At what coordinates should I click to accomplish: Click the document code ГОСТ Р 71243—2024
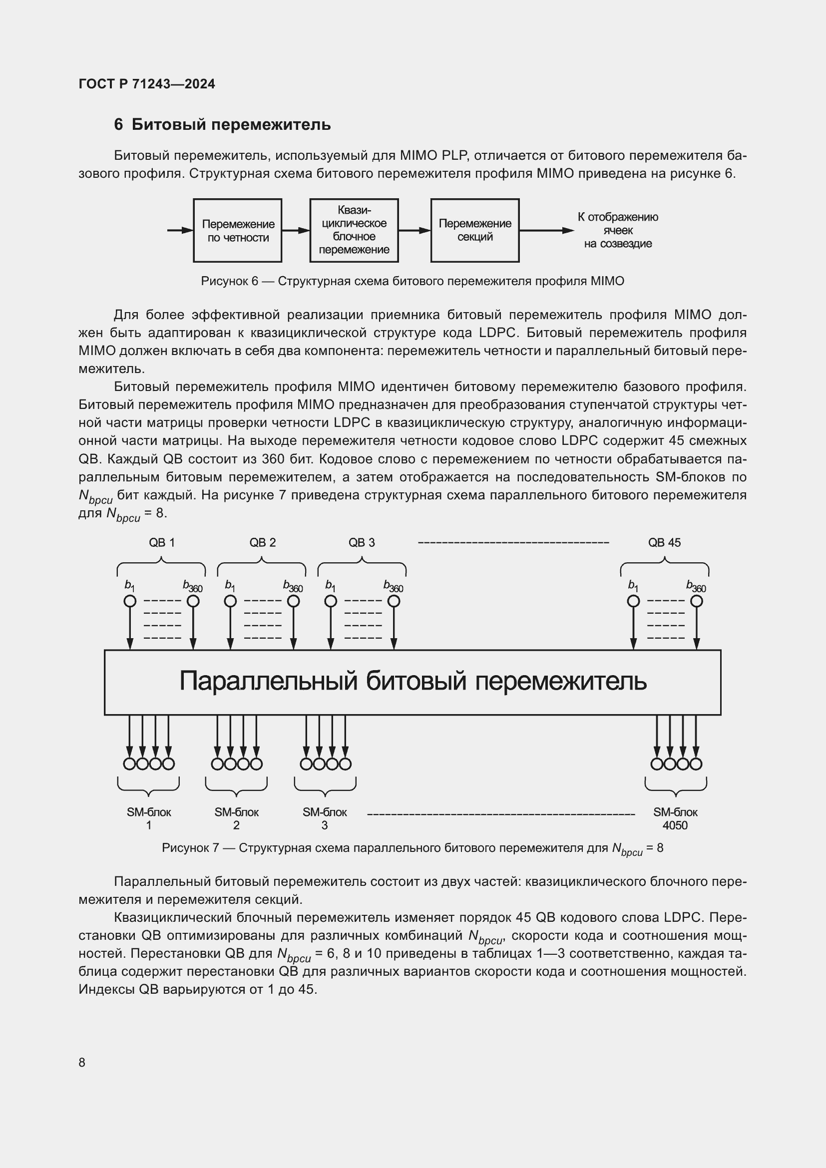tap(146, 84)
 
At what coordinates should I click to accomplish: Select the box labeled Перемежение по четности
tap(238, 230)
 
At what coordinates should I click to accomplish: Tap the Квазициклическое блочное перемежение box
tap(354, 230)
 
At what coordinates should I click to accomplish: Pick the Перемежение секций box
tap(474, 230)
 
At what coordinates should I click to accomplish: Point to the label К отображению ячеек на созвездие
tap(617, 230)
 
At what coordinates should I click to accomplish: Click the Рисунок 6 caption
tap(413, 281)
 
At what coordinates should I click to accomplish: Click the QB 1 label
tap(162, 543)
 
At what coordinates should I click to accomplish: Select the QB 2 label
tap(263, 543)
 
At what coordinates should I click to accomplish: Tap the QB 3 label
tap(362, 543)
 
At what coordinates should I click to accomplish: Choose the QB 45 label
tap(664, 543)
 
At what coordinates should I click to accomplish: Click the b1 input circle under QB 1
tap(130, 601)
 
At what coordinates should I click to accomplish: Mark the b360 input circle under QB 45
tap(696, 601)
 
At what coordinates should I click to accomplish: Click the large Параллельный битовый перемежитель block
tap(413, 682)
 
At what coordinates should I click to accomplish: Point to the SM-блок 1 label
tap(148, 818)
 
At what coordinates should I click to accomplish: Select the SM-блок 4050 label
tap(675, 818)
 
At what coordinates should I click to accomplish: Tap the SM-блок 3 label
tap(325, 818)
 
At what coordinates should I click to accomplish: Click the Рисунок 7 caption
tap(413, 848)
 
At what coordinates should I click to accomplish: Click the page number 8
tap(82, 1063)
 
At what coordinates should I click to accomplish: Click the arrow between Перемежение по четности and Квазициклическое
tap(296, 230)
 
